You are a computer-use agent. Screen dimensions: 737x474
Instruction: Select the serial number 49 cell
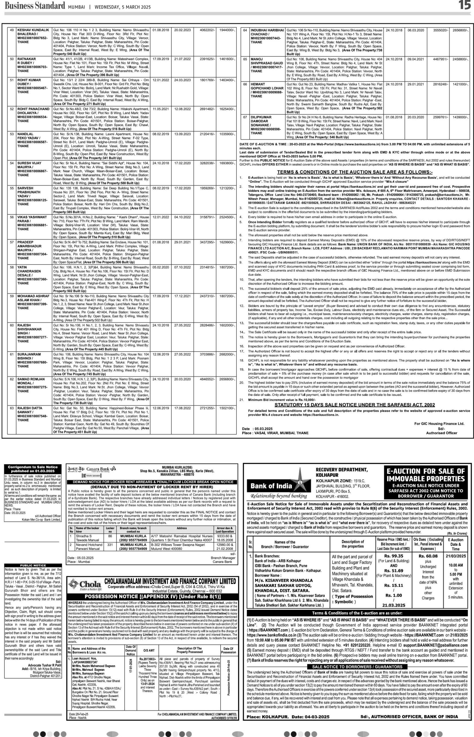pos(12,30)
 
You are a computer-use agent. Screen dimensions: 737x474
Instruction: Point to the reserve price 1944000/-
pos(227,30)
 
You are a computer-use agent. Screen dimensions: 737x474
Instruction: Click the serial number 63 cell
pos(12,408)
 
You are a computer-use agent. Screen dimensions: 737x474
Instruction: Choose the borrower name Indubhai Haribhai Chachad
pos(267,36)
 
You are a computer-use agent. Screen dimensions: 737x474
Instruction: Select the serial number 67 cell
pos(245,117)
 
